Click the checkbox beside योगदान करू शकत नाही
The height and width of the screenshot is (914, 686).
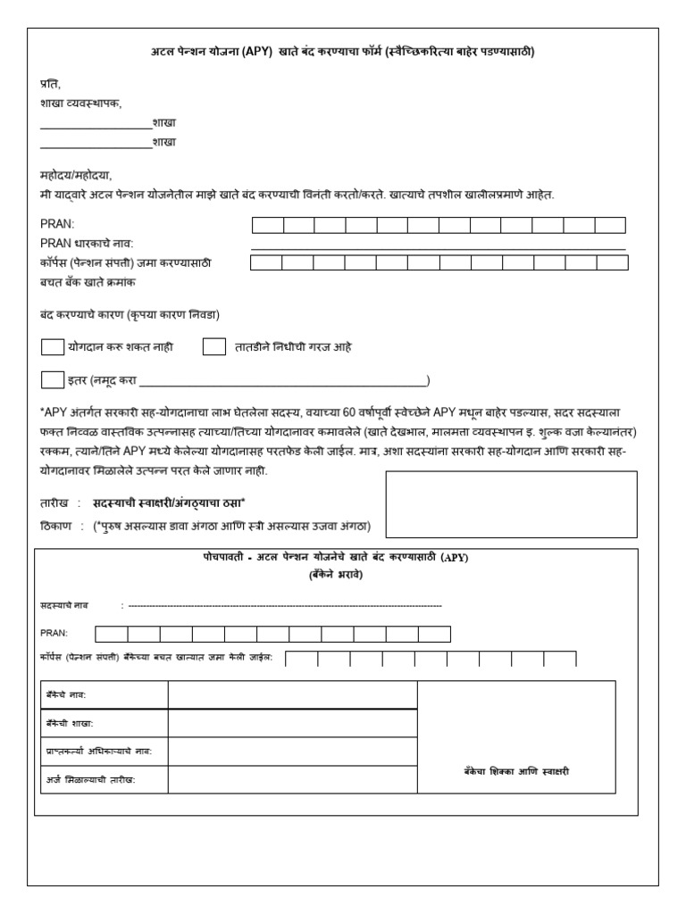53,347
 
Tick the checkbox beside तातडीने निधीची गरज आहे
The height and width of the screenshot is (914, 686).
213,347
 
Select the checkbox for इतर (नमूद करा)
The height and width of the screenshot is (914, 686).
53,380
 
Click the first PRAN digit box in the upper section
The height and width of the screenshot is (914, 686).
268,225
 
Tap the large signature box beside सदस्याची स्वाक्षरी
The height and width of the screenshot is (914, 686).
511,505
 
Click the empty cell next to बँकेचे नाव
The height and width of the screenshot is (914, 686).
292,695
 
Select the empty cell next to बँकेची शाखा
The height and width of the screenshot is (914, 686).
292,723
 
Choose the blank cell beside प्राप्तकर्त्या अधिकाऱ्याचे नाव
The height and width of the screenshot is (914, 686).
292,752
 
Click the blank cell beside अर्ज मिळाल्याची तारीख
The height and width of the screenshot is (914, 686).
292,780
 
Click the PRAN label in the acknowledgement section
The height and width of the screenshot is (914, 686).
54,633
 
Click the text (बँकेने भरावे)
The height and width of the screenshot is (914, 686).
336,575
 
